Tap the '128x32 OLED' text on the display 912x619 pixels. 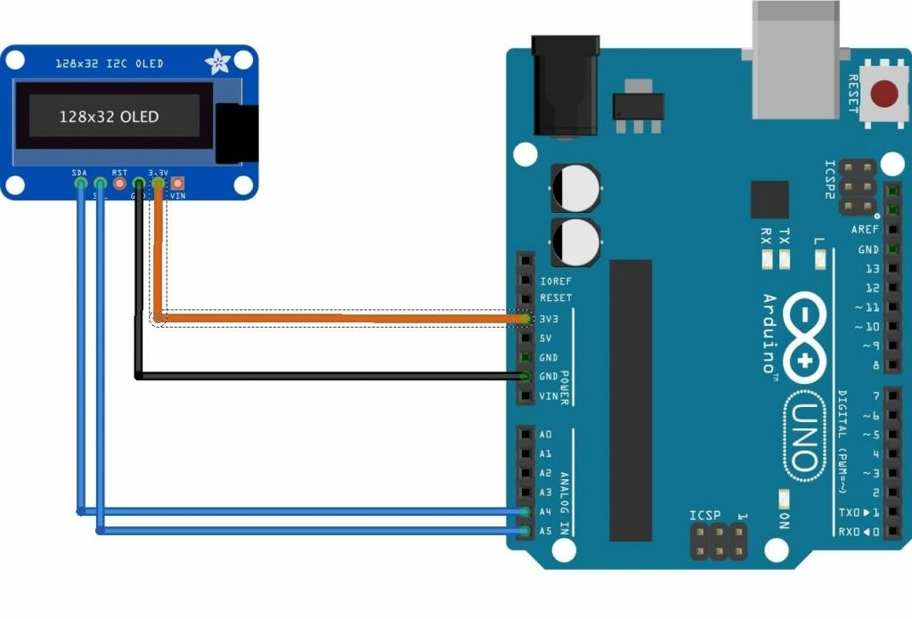coord(109,117)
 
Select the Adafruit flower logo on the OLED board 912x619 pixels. coord(217,61)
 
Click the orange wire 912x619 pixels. coord(338,318)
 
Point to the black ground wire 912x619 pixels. coord(330,376)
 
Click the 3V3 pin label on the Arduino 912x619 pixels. coord(550,318)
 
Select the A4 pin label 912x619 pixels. coord(545,512)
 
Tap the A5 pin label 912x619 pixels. coord(545,532)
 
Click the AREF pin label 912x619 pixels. coord(865,230)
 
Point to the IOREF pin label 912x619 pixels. coord(556,281)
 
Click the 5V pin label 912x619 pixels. coord(547,338)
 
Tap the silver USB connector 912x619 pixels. coord(795,59)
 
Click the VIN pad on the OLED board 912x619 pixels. coord(177,183)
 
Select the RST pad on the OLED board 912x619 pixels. coord(119,183)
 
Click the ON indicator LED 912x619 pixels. coord(785,498)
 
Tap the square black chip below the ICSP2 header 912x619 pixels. coord(769,200)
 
